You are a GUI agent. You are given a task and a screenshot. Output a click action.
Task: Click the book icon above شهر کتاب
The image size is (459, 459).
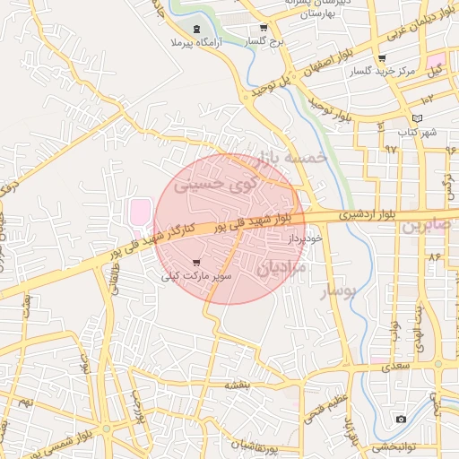(416, 118)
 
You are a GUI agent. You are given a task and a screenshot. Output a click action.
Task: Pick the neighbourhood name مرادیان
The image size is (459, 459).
(282, 266)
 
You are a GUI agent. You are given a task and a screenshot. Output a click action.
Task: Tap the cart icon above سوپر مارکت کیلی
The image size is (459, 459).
(196, 264)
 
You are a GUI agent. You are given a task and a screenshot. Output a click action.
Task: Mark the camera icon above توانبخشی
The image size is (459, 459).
(401, 420)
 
